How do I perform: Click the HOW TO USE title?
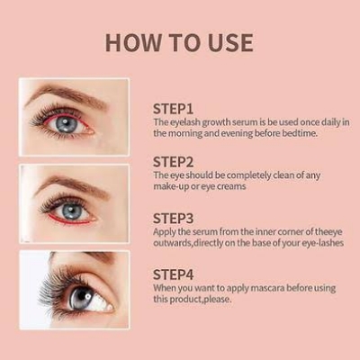pos(179,41)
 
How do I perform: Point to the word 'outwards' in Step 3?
pos(174,243)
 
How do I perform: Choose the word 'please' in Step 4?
pos(213,300)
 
